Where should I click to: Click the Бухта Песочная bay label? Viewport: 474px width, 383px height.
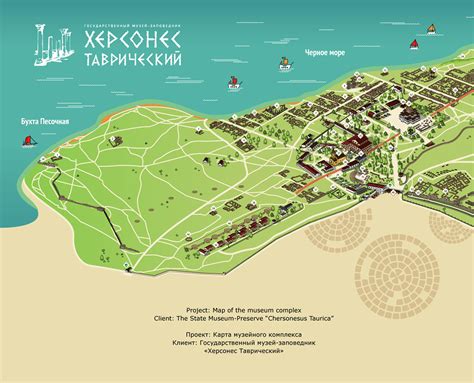tap(45, 122)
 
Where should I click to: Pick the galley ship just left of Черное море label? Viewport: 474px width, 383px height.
tap(286, 63)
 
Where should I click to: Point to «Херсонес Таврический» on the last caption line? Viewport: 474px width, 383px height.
tap(237, 352)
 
